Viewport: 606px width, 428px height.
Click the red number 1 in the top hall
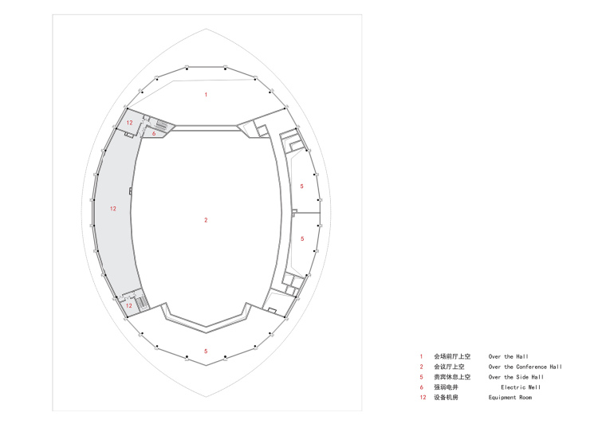(206, 95)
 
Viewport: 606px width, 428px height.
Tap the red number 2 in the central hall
(206, 220)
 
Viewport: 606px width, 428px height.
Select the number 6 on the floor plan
(154, 134)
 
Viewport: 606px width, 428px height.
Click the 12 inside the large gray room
(113, 209)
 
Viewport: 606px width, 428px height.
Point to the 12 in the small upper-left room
(129, 123)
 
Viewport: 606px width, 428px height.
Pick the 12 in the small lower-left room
(129, 305)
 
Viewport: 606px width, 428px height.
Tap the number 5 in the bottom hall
(206, 351)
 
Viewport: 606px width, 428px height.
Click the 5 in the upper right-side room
(302, 187)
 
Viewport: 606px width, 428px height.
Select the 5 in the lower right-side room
(302, 239)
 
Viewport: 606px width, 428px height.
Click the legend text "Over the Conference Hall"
(525, 367)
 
